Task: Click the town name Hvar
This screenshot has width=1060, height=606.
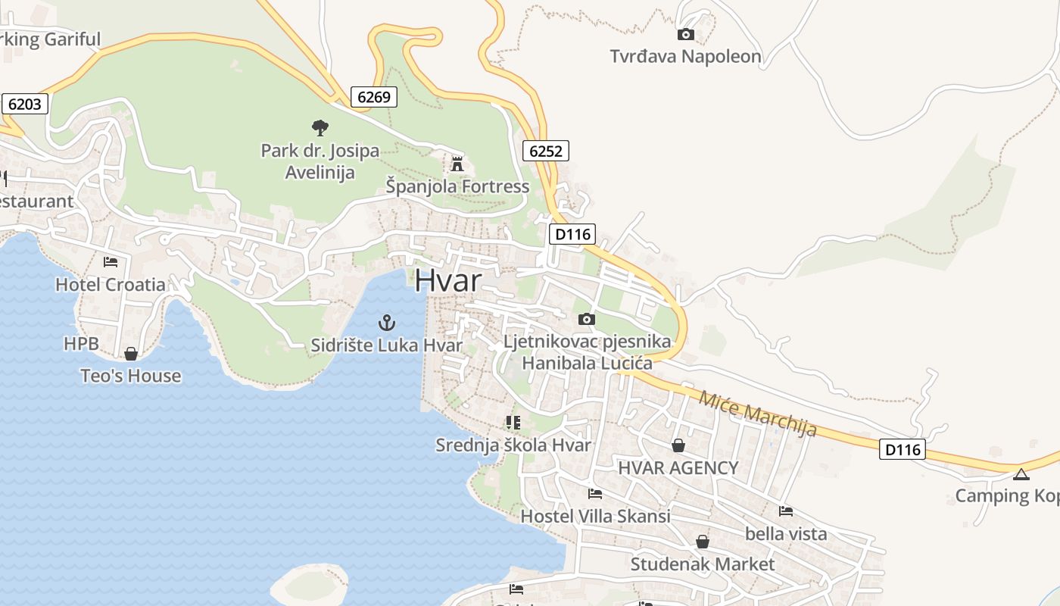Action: point(447,280)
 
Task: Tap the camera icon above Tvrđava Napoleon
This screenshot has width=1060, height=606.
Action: point(685,34)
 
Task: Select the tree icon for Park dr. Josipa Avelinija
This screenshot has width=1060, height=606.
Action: point(320,127)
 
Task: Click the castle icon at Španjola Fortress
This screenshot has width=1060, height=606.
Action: point(457,164)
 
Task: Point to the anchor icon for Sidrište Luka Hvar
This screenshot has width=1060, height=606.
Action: point(387,323)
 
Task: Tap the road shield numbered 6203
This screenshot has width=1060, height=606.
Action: point(25,104)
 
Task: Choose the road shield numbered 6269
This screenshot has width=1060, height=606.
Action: point(374,96)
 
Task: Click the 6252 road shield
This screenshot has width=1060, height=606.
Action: point(546,151)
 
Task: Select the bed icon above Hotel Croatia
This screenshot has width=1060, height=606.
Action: point(111,262)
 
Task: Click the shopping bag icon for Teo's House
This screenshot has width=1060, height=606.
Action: point(131,354)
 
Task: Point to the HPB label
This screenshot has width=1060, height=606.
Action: point(81,344)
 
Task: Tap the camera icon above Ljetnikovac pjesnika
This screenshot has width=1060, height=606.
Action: point(587,319)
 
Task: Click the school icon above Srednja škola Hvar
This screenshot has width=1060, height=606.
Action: point(513,422)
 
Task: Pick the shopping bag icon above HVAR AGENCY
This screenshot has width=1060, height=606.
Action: point(678,445)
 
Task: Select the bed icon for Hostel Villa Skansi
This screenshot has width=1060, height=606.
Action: point(595,494)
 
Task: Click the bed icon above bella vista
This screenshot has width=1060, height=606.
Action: point(786,511)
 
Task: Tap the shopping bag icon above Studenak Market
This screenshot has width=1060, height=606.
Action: point(703,542)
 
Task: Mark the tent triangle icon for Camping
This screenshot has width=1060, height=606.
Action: point(1021,475)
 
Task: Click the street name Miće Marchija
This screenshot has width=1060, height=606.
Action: point(758,414)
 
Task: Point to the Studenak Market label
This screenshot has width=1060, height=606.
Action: point(703,564)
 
